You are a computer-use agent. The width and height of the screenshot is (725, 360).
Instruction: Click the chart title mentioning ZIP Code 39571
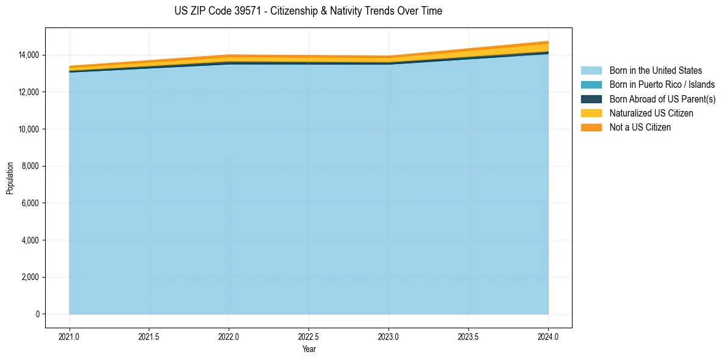[x=308, y=11]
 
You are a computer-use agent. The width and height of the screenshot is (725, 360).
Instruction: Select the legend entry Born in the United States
[x=655, y=71]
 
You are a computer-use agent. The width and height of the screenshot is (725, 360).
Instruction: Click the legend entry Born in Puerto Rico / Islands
[x=662, y=85]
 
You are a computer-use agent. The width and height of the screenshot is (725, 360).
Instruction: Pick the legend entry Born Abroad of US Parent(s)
[x=662, y=99]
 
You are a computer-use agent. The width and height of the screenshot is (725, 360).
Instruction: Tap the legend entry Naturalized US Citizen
[x=651, y=113]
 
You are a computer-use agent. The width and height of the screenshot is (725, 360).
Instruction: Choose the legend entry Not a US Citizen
[x=640, y=128]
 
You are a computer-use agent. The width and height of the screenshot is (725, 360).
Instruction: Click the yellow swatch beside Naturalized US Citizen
[x=591, y=113]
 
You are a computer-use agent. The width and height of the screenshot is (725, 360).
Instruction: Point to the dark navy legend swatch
[x=591, y=99]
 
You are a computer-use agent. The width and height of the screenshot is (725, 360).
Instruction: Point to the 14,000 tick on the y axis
[x=27, y=55]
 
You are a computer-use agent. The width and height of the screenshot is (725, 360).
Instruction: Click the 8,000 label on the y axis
[x=29, y=166]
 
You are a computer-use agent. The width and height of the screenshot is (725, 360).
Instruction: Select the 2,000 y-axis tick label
[x=29, y=277]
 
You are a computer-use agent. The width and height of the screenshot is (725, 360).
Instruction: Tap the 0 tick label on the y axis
[x=37, y=314]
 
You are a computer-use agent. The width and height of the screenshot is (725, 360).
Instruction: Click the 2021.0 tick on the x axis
[x=69, y=336]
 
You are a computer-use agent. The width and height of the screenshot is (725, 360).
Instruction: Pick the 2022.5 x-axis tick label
[x=309, y=336]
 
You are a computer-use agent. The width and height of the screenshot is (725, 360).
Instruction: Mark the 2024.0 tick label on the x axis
[x=548, y=336]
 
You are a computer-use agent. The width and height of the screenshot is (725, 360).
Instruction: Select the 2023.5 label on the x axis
[x=468, y=336]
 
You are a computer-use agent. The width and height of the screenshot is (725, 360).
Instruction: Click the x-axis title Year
[x=309, y=349]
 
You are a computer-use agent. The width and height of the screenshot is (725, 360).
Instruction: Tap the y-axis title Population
[x=10, y=178]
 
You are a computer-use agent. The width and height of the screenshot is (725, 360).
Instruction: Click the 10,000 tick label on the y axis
[x=27, y=129]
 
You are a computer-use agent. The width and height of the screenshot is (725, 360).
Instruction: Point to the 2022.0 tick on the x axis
[x=229, y=336]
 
